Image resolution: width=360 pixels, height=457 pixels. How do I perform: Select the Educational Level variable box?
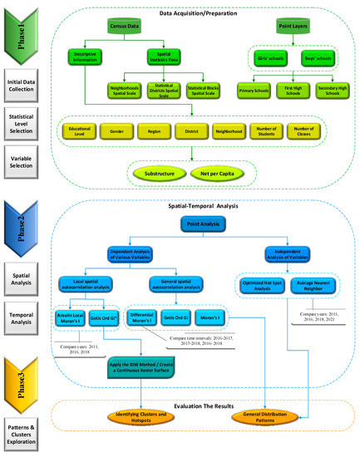coord(80,130)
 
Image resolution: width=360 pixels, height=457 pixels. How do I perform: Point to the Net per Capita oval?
coord(214,172)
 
